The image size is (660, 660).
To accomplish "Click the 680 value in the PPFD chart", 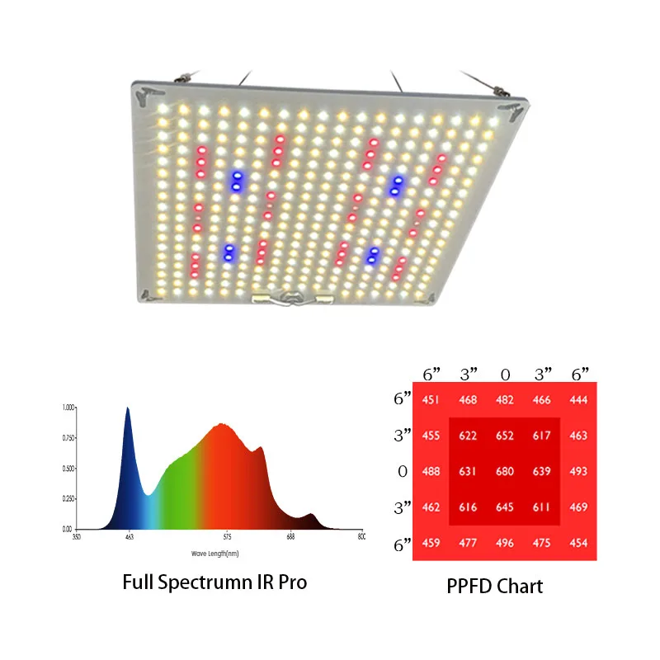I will (504, 472).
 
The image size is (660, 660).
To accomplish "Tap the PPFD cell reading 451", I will (431, 400).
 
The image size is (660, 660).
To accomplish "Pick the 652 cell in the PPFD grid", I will (504, 436).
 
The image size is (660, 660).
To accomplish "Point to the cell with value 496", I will (504, 543).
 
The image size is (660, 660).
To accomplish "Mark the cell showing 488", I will (431, 472).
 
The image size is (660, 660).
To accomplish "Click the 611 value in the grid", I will (541, 507).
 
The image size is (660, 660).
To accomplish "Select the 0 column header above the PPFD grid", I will (505, 375).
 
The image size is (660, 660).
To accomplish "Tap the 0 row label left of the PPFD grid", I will (403, 472).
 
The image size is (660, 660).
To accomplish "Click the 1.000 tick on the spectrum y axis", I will (68, 408).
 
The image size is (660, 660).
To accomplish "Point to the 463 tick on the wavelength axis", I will (129, 537).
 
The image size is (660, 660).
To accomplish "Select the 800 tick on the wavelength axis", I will (361, 537).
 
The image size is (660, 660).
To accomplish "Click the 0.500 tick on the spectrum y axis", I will (68, 468).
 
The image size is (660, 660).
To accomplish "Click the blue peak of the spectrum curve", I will (127, 409).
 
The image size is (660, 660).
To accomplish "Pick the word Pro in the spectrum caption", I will (290, 582).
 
